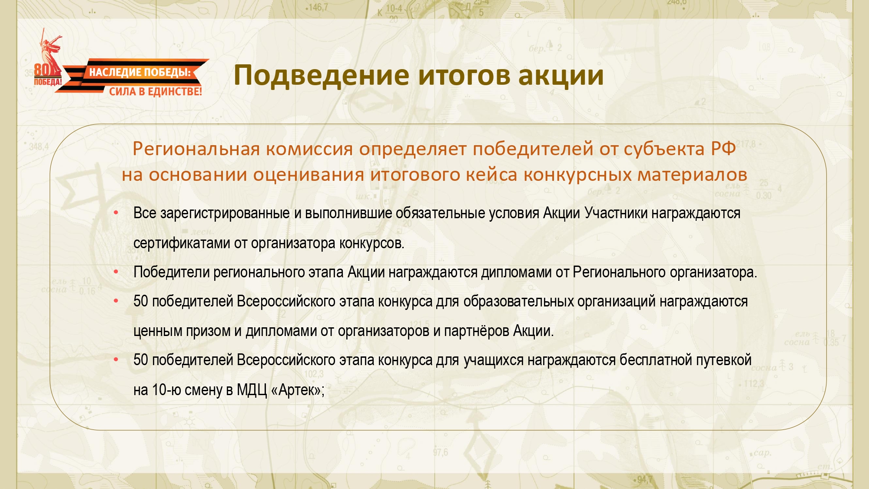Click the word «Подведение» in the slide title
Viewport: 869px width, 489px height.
322,76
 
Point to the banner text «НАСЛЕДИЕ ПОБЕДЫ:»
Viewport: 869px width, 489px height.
140,72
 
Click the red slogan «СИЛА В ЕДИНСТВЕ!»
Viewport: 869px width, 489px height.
156,91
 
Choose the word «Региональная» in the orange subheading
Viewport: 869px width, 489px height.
196,149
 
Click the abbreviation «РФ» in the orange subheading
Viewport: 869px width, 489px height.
723,149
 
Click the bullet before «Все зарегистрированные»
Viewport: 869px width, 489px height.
116,213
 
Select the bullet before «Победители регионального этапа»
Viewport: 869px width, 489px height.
116,272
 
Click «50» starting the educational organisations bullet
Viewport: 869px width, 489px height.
141,301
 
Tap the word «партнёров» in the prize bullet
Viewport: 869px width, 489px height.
477,331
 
